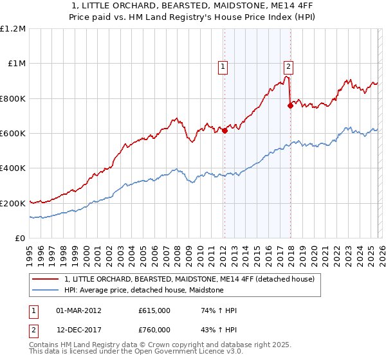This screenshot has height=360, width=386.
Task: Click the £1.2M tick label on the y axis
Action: [x=13, y=29]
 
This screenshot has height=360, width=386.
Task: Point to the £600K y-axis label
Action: [x=13, y=134]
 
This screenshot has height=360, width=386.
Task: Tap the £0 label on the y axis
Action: [x=21, y=239]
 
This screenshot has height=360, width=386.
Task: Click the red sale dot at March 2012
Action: [x=225, y=131]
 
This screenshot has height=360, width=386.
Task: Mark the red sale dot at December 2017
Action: [x=290, y=106]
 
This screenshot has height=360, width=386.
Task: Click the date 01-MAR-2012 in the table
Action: [x=78, y=310]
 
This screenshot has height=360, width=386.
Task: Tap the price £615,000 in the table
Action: [x=154, y=310]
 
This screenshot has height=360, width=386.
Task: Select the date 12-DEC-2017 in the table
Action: [x=78, y=330]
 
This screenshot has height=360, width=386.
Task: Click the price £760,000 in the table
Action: [x=154, y=330]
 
